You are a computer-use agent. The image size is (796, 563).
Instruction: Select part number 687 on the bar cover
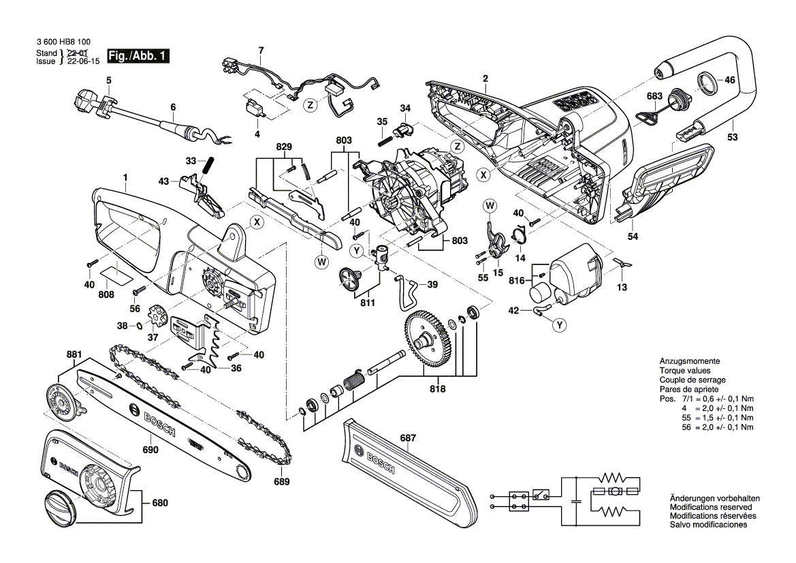[408, 438]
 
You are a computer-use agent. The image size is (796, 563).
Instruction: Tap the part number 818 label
[437, 389]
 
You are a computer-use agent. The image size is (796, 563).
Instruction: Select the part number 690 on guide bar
[150, 450]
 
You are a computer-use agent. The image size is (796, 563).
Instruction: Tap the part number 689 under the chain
[281, 482]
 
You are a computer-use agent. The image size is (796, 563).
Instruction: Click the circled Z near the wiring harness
[310, 105]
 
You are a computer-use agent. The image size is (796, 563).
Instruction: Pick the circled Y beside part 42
[559, 326]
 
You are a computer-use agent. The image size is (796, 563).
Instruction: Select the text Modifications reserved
[711, 507]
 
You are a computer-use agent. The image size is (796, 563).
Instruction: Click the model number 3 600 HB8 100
[63, 42]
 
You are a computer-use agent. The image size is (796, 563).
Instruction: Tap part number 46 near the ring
[730, 80]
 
